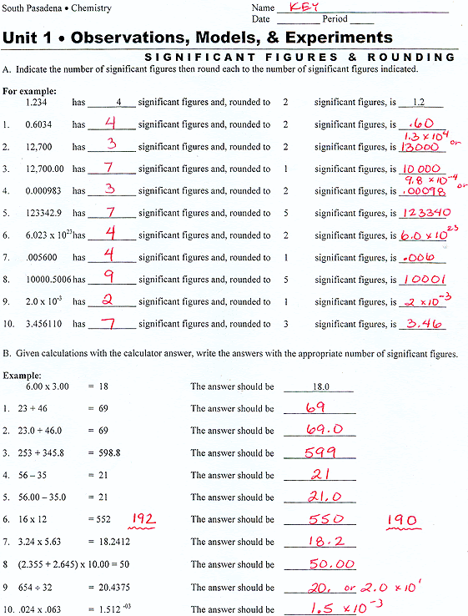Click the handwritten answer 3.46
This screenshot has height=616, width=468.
pos(421,323)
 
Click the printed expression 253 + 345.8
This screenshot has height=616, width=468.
pos(51,453)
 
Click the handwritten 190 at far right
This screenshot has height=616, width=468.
pos(401,520)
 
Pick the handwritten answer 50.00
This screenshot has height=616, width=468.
pos(327,563)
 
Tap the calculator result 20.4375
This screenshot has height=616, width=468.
pos(118,587)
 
